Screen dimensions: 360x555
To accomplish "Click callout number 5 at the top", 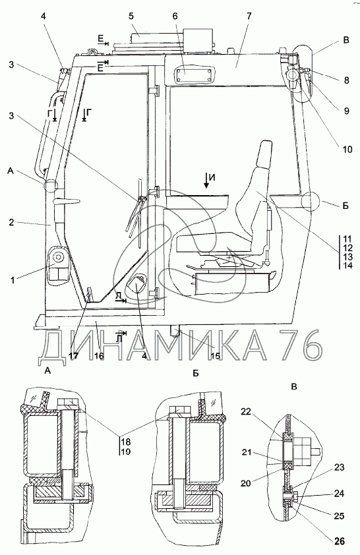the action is pos(131,16).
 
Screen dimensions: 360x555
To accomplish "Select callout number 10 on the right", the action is pos(347,150).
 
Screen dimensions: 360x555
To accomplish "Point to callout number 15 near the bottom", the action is pos(215,355).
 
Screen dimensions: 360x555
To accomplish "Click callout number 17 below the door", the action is pos(73,355).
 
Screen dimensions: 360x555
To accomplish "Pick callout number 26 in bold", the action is pos(339,541).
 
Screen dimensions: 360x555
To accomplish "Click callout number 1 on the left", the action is pos(13,280).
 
